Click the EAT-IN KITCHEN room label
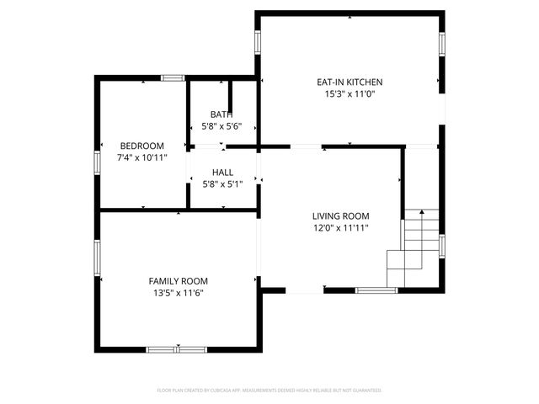[x=350, y=82]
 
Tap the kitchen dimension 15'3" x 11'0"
[x=350, y=94]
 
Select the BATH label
[x=222, y=114]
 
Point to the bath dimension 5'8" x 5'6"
[x=222, y=125]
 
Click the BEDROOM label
[x=141, y=146]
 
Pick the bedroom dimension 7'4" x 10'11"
[x=141, y=157]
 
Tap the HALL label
[x=222, y=173]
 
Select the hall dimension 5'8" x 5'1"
[x=222, y=183]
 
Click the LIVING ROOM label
[x=340, y=215]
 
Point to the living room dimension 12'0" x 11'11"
[x=340, y=227]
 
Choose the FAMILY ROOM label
[x=178, y=281]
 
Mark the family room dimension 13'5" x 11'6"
[x=178, y=293]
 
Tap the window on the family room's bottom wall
[x=176, y=348]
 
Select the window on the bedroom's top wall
[x=173, y=78]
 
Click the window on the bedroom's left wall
[x=98, y=162]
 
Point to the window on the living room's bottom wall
[x=376, y=290]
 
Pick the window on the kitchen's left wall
[x=257, y=42]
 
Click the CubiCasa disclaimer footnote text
[x=269, y=391]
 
